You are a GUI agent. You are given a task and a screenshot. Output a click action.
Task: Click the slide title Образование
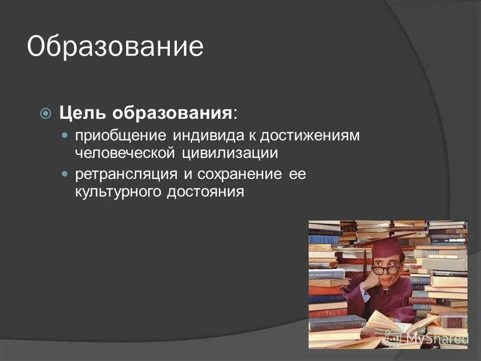click(x=115, y=47)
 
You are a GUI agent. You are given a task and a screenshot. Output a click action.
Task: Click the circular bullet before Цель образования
click(x=46, y=114)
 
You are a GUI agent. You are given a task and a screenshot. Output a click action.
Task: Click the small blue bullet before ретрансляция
click(x=65, y=174)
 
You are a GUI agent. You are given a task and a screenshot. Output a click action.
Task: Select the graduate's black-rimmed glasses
click(x=385, y=270)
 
